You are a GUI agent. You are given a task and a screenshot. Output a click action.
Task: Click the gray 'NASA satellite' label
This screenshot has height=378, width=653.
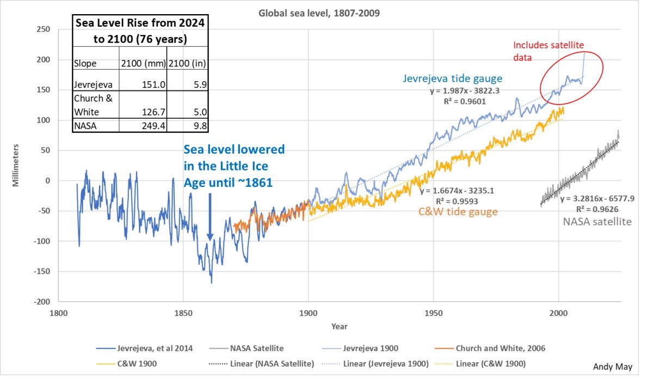click(597, 221)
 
